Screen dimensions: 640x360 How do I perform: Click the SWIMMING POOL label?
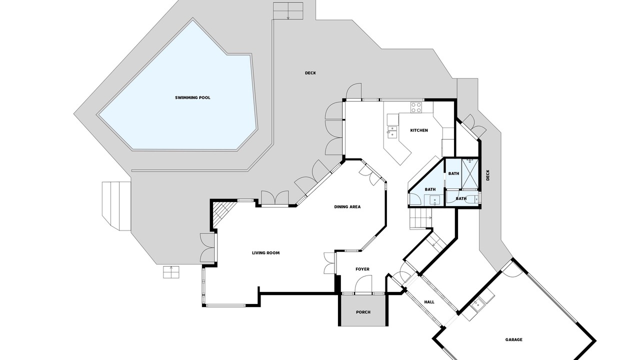[192, 97]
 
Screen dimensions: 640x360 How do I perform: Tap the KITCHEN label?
[419, 130]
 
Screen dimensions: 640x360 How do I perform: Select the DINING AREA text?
[347, 207]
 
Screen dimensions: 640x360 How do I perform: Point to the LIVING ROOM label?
[265, 253]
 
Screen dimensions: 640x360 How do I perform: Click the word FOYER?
[362, 269]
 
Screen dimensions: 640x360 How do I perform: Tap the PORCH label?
[363, 312]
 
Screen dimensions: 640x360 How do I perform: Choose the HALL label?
[429, 302]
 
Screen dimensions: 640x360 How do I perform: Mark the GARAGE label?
[513, 339]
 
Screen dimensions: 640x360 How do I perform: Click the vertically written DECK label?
[487, 175]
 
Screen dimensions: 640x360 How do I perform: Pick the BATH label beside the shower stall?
[453, 173]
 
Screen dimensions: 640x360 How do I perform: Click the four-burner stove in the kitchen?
[416, 107]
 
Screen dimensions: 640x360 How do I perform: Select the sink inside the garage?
[477, 304]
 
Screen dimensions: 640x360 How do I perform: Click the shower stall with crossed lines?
[469, 173]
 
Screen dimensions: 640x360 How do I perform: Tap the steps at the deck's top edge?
[288, 11]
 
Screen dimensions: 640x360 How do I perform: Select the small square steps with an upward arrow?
[171, 272]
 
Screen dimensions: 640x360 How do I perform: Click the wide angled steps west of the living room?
[116, 205]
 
